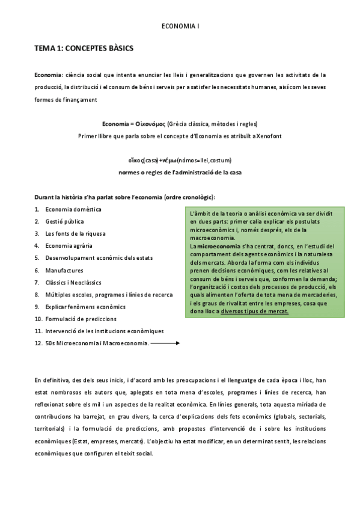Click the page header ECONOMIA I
tap(180, 26)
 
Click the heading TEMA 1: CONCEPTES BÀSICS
tap(84, 48)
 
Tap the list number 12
tap(38, 343)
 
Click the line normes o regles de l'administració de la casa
tap(180, 172)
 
